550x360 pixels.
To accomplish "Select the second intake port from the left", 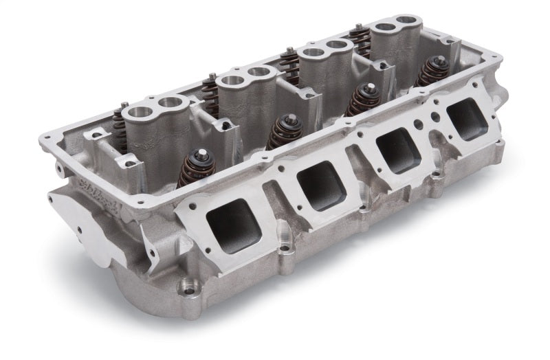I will click(320, 187).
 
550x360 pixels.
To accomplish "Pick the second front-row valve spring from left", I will click(284, 131).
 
